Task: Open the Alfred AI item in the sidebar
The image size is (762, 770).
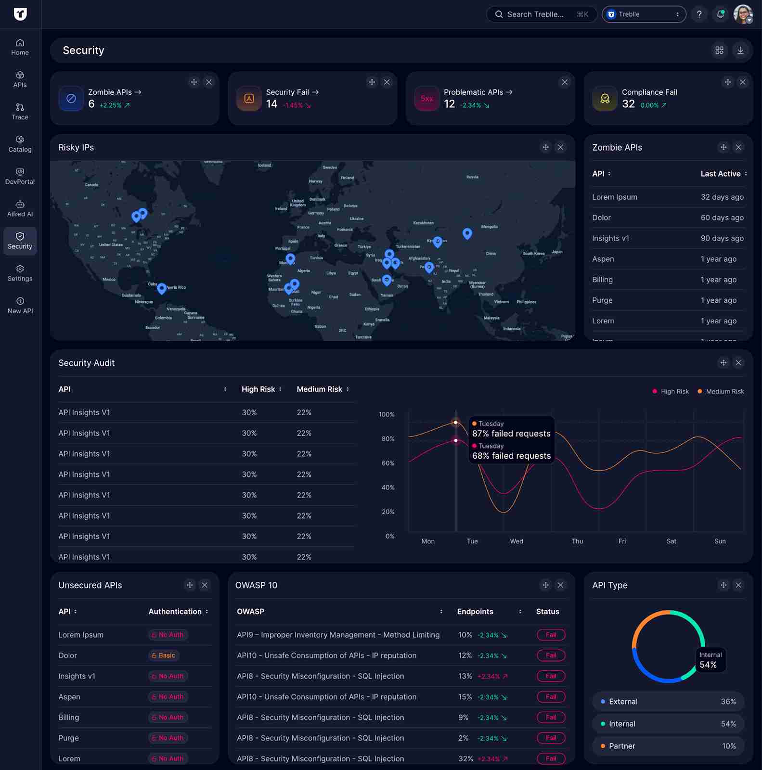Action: [20, 209]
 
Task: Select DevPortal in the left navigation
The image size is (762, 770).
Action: [20, 177]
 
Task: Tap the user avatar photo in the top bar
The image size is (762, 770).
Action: [743, 14]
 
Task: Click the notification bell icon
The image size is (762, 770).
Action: [721, 14]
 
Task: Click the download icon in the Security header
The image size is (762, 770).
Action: [740, 51]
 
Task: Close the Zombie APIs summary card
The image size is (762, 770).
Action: [209, 82]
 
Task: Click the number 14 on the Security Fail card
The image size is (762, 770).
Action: [272, 104]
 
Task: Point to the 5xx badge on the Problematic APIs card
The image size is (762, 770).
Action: [427, 99]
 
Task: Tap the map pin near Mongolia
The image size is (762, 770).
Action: [467, 233]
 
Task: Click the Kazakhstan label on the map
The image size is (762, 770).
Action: [423, 223]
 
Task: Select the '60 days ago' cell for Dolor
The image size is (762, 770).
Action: [722, 218]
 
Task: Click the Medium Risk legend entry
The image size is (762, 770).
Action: [721, 391]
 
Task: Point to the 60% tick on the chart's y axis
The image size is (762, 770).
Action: [388, 463]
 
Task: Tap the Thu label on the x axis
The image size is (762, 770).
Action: [577, 541]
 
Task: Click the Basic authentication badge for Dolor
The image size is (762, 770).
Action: [164, 655]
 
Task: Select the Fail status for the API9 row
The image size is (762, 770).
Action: [551, 635]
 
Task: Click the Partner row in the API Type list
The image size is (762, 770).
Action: [668, 746]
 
